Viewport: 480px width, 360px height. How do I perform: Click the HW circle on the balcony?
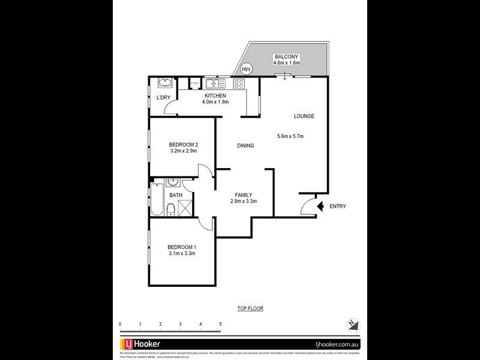pyautogui.click(x=246, y=70)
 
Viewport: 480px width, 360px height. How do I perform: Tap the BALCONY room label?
pyautogui.click(x=286, y=56)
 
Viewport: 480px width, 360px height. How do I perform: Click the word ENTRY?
pyautogui.click(x=338, y=206)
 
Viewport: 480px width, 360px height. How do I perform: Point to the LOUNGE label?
pyautogui.click(x=304, y=116)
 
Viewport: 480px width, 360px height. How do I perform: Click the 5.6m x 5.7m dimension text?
pyautogui.click(x=290, y=136)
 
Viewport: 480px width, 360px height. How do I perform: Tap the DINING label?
pyautogui.click(x=245, y=145)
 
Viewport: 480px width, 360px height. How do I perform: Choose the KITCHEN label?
pyautogui.click(x=215, y=96)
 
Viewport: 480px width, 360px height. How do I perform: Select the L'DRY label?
pyautogui.click(x=163, y=98)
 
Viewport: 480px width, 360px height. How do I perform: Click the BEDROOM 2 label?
pyautogui.click(x=183, y=145)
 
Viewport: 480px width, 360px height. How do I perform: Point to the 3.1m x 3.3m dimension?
pyautogui.click(x=182, y=254)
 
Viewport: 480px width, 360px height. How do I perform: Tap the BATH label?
pyautogui.click(x=176, y=195)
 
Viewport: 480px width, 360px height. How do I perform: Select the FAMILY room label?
pyautogui.click(x=243, y=195)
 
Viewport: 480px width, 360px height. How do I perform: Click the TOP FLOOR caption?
pyautogui.click(x=250, y=308)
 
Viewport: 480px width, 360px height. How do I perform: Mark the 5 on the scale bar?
pyautogui.click(x=221, y=324)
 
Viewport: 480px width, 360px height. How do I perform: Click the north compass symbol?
pyautogui.click(x=353, y=324)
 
